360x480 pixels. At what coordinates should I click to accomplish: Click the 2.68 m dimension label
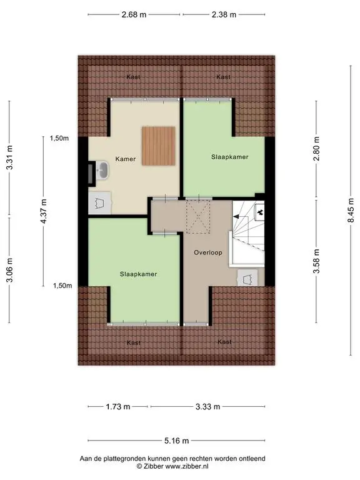click(x=134, y=14)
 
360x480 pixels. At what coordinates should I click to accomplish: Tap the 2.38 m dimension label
click(x=224, y=14)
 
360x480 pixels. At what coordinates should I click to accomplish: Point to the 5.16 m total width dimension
click(x=177, y=441)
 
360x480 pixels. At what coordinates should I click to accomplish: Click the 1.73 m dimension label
click(x=118, y=406)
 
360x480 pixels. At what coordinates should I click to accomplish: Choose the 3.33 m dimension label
click(x=208, y=406)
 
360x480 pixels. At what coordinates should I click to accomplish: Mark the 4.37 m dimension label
click(x=44, y=211)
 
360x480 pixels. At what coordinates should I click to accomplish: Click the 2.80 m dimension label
click(x=316, y=149)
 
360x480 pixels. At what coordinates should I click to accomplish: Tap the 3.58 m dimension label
click(x=316, y=261)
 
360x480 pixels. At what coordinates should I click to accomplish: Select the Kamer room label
click(x=126, y=159)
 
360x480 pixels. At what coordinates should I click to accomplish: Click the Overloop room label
click(x=208, y=252)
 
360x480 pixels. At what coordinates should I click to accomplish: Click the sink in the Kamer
click(x=102, y=170)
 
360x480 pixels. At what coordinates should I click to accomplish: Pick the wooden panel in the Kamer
click(x=158, y=146)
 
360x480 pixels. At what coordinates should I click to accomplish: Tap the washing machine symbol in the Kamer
click(x=99, y=202)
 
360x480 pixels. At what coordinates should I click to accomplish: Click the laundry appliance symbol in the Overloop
click(x=247, y=278)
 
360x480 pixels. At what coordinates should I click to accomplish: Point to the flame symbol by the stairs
click(x=260, y=211)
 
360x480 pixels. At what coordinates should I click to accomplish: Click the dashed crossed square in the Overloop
click(x=198, y=217)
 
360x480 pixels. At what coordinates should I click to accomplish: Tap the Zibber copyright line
click(x=172, y=466)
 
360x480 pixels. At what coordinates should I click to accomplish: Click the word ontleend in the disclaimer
click(x=252, y=459)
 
